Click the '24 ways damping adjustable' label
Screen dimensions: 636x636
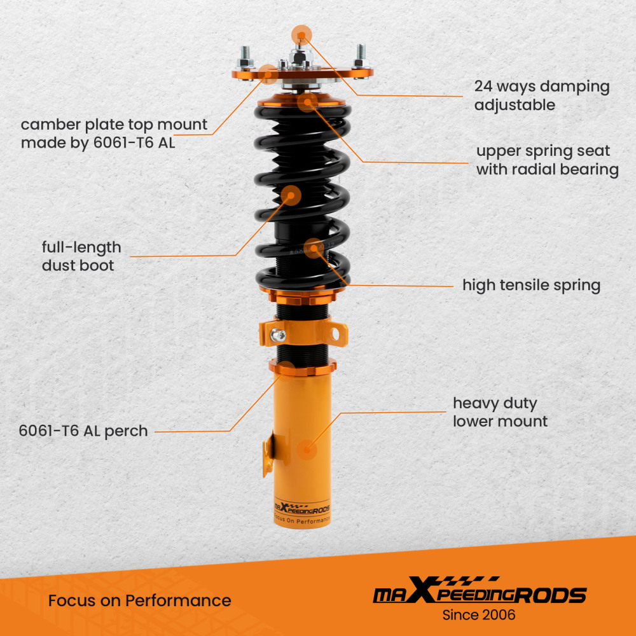click(x=541, y=95)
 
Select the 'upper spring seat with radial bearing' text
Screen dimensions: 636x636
click(x=547, y=160)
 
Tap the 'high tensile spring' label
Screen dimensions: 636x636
click(x=531, y=285)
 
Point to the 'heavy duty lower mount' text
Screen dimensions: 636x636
click(x=500, y=411)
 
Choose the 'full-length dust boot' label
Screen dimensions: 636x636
click(x=81, y=256)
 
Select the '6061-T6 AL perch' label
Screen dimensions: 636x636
click(x=83, y=431)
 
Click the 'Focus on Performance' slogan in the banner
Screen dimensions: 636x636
click(x=139, y=600)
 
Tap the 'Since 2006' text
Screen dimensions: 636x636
click(x=478, y=615)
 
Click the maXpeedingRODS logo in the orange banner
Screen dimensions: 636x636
click(x=478, y=594)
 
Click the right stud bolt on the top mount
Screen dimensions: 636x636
click(x=359, y=56)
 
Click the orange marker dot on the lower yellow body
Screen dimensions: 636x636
click(x=307, y=450)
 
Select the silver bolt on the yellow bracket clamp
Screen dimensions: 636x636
click(x=278, y=333)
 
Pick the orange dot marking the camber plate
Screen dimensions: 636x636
click(x=268, y=75)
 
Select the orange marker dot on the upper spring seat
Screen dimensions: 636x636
click(x=307, y=102)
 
